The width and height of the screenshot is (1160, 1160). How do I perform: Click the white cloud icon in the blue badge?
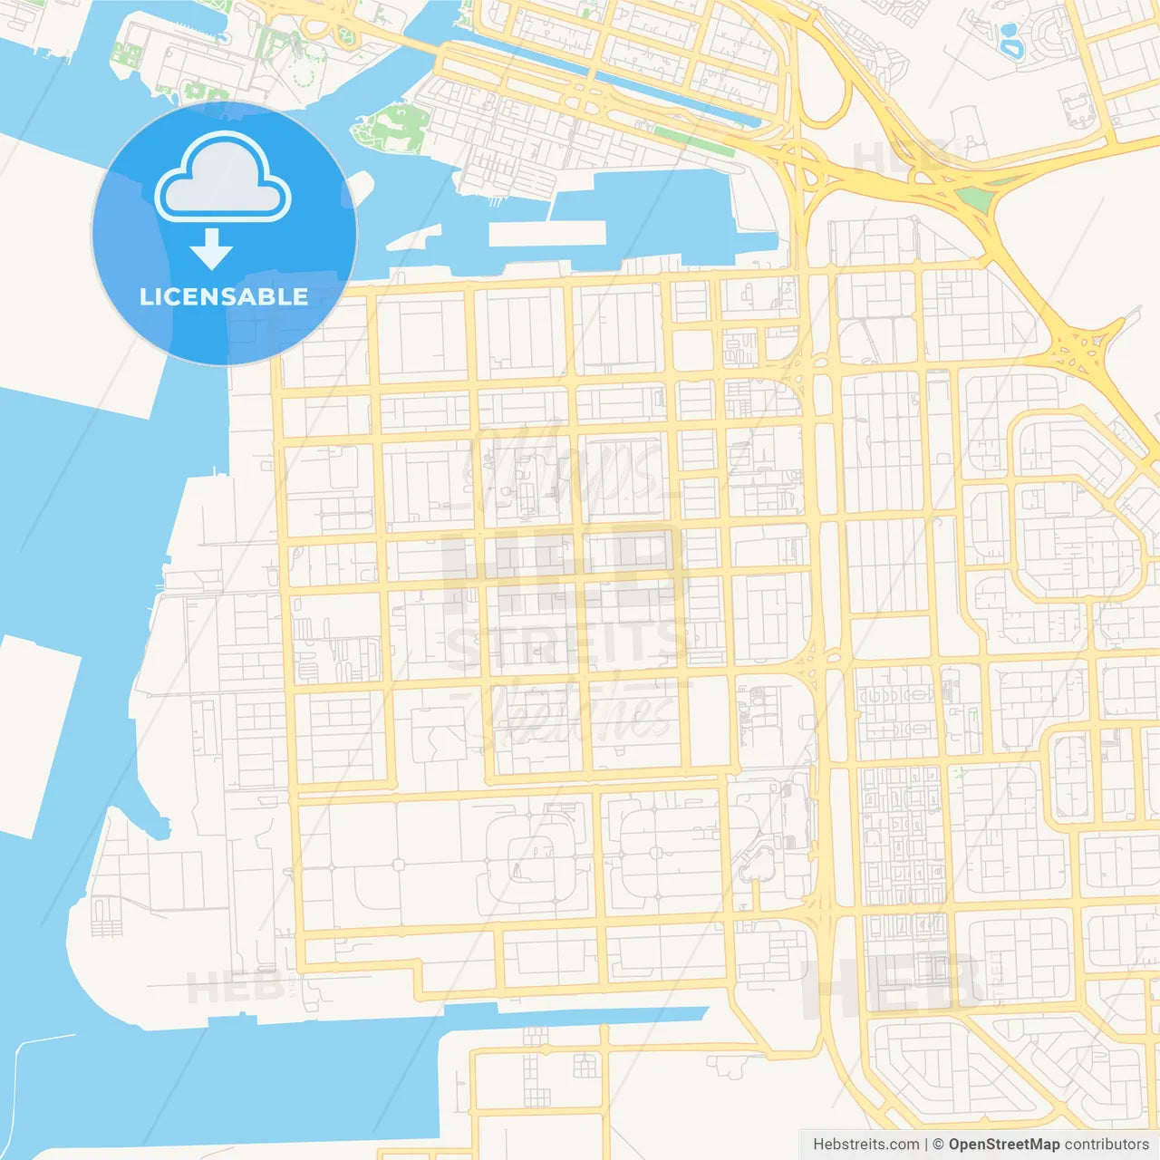223,177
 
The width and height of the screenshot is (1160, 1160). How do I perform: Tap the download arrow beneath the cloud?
211,249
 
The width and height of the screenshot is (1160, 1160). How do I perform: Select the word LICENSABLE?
224,296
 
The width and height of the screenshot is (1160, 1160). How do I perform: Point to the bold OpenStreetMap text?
1004,1145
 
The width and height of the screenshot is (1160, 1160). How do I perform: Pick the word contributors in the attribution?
1107,1145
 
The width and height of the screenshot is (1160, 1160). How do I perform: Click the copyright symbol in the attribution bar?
938,1145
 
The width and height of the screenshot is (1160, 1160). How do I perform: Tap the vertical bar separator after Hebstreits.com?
925,1145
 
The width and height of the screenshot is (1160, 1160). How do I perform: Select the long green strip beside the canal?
692,140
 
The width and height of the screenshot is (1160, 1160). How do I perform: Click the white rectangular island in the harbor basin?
546,233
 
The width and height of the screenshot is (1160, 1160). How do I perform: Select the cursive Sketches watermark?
580,711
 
